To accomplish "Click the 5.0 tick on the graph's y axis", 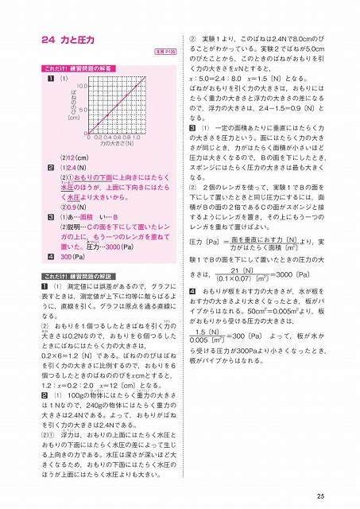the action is click(82, 109).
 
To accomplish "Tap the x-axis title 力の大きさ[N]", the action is click(115, 142).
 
